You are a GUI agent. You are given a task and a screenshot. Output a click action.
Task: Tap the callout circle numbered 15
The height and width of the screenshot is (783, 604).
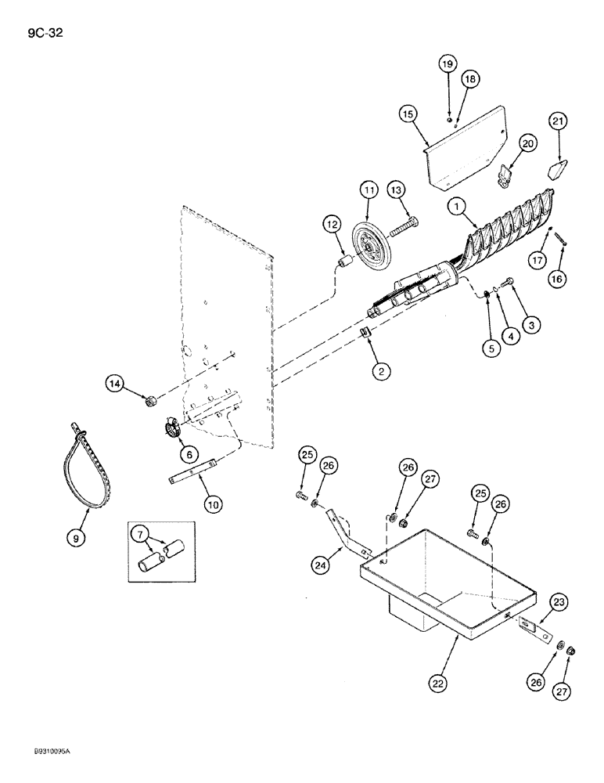pos(407,114)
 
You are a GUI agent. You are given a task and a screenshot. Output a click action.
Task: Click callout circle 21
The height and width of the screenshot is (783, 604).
pos(559,121)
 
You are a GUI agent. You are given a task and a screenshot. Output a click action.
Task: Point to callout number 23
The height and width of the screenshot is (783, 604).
pos(559,601)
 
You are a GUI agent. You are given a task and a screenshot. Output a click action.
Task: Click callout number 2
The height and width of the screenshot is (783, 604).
pos(381,372)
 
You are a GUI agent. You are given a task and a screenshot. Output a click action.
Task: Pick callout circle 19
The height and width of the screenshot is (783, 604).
pos(447,63)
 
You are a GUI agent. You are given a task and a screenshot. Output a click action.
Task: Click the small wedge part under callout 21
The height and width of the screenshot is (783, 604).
pos(557,169)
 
